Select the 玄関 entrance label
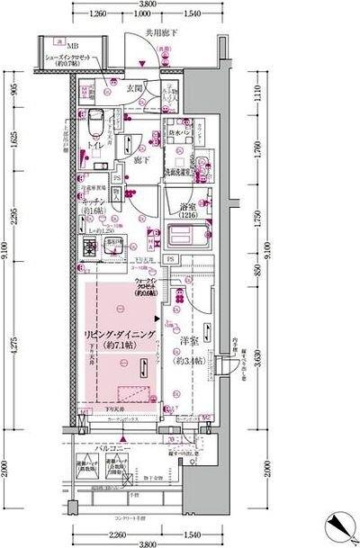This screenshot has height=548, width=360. click(x=135, y=88)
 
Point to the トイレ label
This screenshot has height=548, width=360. click(x=94, y=144)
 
